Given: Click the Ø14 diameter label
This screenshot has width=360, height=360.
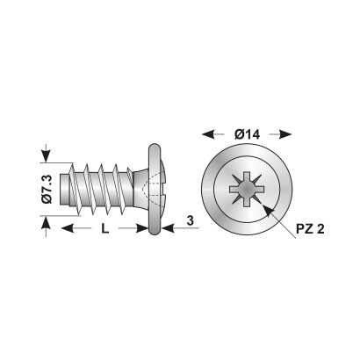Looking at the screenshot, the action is [247, 134].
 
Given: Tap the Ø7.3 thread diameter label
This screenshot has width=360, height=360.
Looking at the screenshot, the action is [47, 189].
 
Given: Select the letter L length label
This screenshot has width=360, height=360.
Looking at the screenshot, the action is [105, 228].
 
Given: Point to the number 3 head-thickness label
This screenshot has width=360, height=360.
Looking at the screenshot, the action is [191, 220].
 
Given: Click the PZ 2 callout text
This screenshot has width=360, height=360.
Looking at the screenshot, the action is [310, 229].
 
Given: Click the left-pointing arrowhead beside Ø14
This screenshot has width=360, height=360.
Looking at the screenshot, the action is [209, 134].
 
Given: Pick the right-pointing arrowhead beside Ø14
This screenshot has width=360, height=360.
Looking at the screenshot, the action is [285, 134].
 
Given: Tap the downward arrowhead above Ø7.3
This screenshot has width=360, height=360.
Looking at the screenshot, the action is [46, 155].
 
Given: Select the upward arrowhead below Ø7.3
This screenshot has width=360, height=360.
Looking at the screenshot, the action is [46, 223].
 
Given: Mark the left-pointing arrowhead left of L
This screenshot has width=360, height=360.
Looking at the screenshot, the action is [68, 228].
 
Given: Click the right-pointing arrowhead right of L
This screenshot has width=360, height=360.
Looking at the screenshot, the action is [141, 228].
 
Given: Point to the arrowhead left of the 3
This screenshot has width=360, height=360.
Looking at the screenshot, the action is [169, 228].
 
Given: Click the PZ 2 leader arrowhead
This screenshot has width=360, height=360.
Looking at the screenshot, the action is [269, 211].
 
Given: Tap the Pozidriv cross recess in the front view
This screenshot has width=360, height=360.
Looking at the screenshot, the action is [247, 189].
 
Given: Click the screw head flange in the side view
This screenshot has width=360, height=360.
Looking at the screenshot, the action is [155, 190].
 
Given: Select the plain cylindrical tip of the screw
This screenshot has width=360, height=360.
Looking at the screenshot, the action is [65, 190].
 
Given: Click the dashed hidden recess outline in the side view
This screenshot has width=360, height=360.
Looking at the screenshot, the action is [154, 189].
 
